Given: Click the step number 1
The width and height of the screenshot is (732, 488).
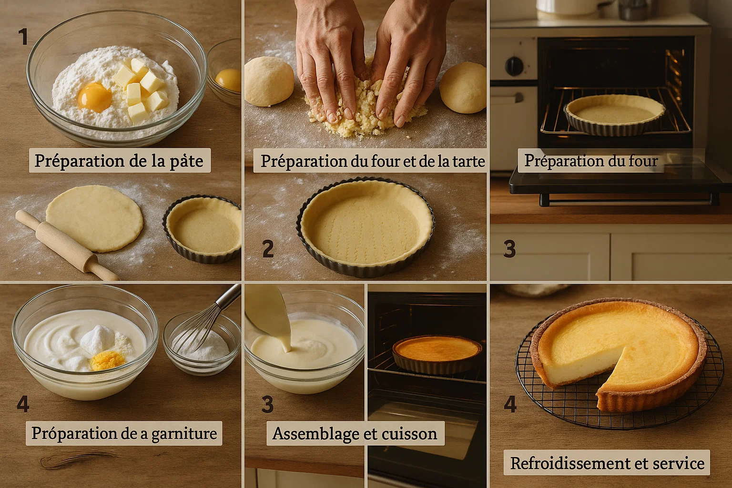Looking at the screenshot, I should [x=22, y=37].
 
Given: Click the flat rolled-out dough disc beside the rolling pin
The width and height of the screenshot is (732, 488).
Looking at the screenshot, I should [x=94, y=218].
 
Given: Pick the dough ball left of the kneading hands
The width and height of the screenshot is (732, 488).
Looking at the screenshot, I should [x=269, y=81].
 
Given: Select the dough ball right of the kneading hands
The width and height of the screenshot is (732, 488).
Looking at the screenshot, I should [x=463, y=87].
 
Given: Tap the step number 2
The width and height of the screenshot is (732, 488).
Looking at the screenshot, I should [x=268, y=249].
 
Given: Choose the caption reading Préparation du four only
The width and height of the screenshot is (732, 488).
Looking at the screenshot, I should [x=590, y=161].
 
